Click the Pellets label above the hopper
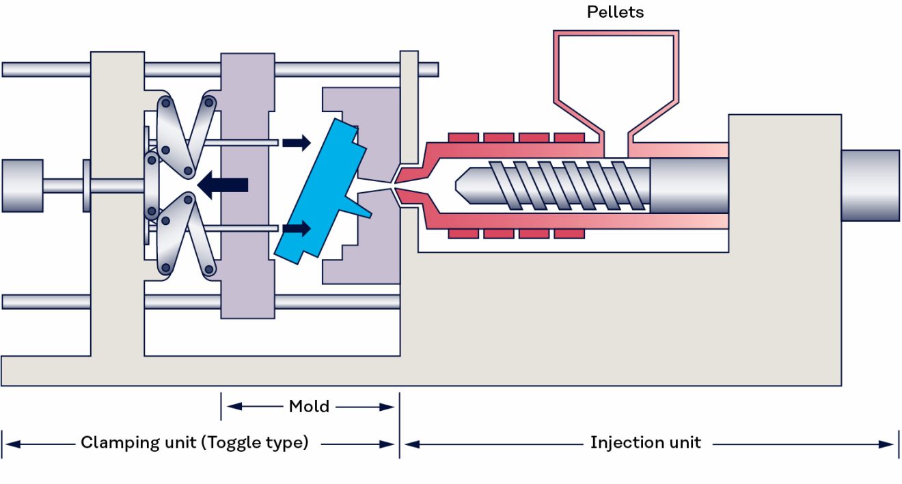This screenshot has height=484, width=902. (615, 12)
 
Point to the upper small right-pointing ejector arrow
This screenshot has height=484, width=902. (296, 142)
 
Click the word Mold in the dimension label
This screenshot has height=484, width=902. (309, 407)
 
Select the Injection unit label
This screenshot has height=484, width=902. (645, 443)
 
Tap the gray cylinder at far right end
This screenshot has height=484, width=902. (869, 185)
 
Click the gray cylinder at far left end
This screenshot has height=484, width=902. (22, 185)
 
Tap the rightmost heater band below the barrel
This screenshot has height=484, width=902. (569, 234)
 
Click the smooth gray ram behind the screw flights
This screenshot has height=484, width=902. (687, 185)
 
